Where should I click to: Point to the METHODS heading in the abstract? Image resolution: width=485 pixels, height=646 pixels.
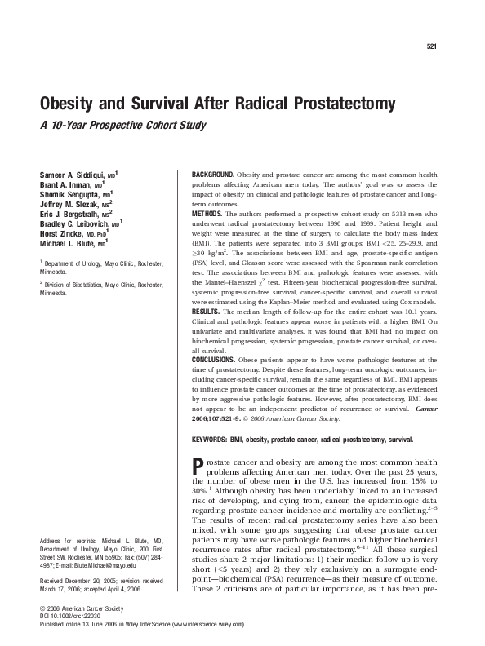pos(207,211)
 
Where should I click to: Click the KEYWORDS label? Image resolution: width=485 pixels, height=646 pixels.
pos(210,437)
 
